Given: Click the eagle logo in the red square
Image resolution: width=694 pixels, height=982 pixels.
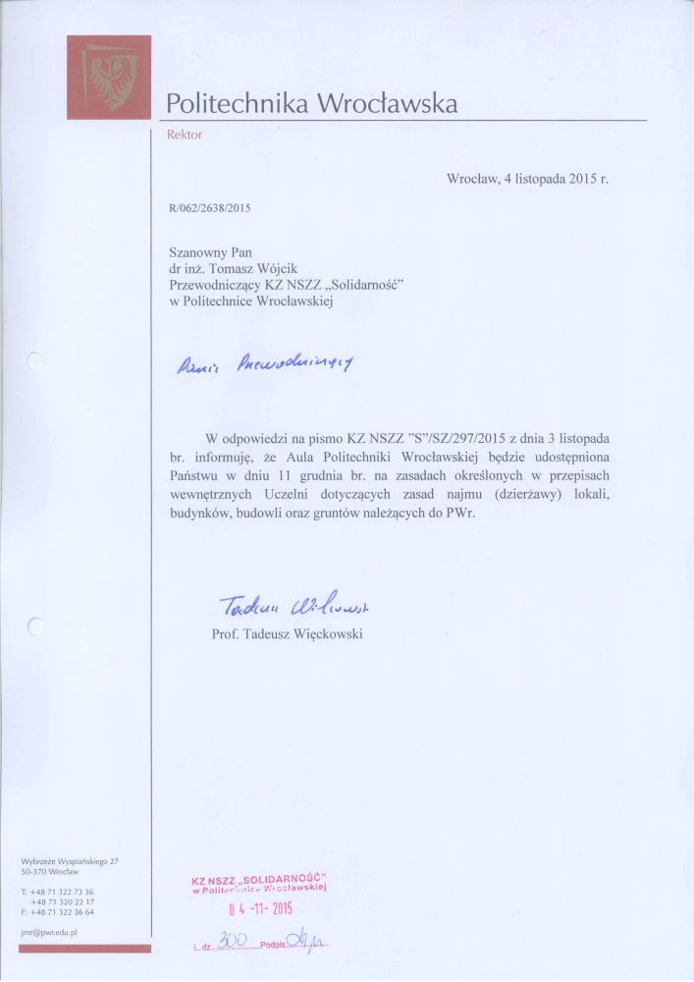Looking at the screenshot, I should click(x=109, y=78).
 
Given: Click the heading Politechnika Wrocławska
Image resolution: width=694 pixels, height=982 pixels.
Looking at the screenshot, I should click(x=312, y=103).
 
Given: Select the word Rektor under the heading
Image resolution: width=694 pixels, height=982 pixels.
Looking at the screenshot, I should click(x=185, y=135).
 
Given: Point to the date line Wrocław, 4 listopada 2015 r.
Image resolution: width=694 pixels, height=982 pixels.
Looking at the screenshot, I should click(x=527, y=179).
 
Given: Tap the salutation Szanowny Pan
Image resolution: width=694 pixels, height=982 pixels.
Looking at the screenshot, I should click(x=211, y=251).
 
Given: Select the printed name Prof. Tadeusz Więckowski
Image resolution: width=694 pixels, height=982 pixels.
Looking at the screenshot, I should click(x=288, y=634).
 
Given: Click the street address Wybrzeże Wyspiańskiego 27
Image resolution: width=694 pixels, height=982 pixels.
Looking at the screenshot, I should click(x=70, y=861).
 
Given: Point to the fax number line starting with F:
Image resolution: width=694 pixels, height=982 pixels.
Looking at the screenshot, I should click(x=57, y=911).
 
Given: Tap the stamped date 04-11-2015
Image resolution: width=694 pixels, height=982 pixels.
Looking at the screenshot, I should click(x=261, y=907).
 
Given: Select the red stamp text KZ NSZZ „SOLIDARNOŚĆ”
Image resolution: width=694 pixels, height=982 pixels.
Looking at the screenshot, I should click(x=259, y=877).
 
